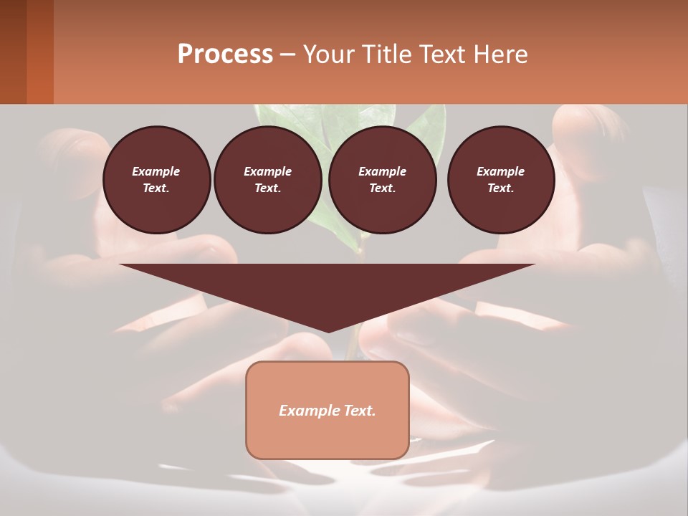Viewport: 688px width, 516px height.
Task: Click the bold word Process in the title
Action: [x=225, y=54]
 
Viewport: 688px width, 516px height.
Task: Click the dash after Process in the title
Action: [x=288, y=55]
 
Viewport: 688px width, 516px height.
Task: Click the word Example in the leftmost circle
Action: [x=156, y=171]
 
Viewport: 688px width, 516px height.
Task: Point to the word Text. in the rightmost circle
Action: [x=501, y=188]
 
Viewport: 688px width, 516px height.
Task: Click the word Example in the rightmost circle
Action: [x=501, y=171]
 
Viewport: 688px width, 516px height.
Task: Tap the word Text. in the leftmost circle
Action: [x=156, y=188]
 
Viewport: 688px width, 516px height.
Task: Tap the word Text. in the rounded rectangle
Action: [x=360, y=411]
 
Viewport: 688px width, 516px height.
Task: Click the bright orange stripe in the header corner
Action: [x=40, y=52]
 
